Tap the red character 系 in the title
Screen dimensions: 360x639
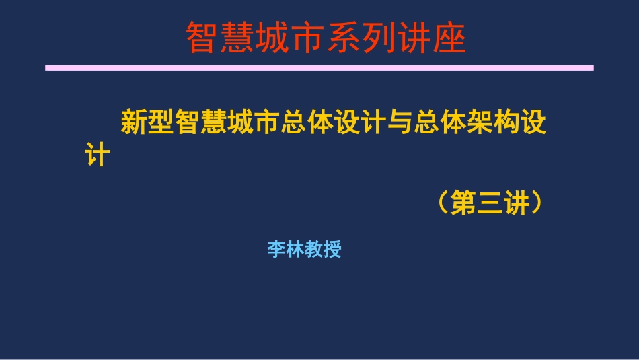click(x=343, y=38)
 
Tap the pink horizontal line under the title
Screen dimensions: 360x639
click(x=319, y=68)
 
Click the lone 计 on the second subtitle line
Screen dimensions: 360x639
click(x=96, y=155)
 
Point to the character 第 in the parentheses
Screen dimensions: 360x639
click(x=463, y=203)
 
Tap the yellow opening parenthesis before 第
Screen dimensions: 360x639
click(x=441, y=203)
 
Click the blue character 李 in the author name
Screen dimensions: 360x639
click(x=276, y=250)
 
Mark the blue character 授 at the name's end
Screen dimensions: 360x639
click(x=333, y=250)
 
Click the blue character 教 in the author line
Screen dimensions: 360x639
click(x=314, y=250)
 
